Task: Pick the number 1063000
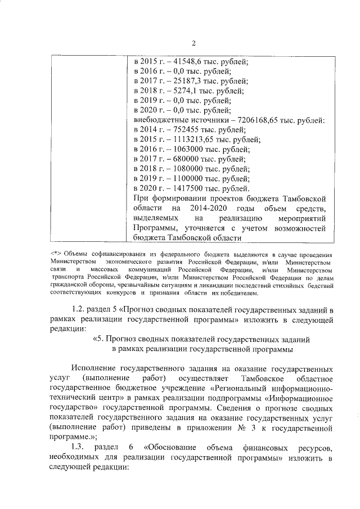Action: click(187, 150)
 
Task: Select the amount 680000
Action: click(184, 159)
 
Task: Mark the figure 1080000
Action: click(187, 169)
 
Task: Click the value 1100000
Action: click(187, 179)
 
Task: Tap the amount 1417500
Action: click(187, 188)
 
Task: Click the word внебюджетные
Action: click(160, 120)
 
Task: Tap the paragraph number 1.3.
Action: click(80, 448)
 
